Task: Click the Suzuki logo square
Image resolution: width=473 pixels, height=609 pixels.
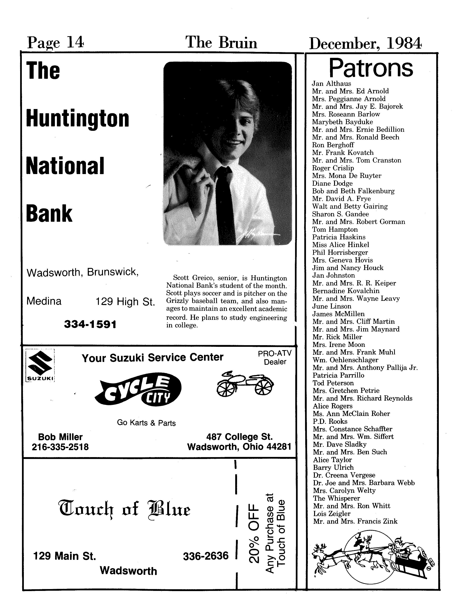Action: [40, 365]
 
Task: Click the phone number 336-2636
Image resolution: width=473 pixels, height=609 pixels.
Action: [206, 556]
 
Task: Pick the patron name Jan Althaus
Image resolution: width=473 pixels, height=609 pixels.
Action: [331, 83]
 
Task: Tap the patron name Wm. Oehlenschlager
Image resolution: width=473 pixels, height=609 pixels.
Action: [345, 360]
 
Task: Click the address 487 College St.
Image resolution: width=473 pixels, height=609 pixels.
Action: [239, 436]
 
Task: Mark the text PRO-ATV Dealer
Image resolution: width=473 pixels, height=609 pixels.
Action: [275, 358]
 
